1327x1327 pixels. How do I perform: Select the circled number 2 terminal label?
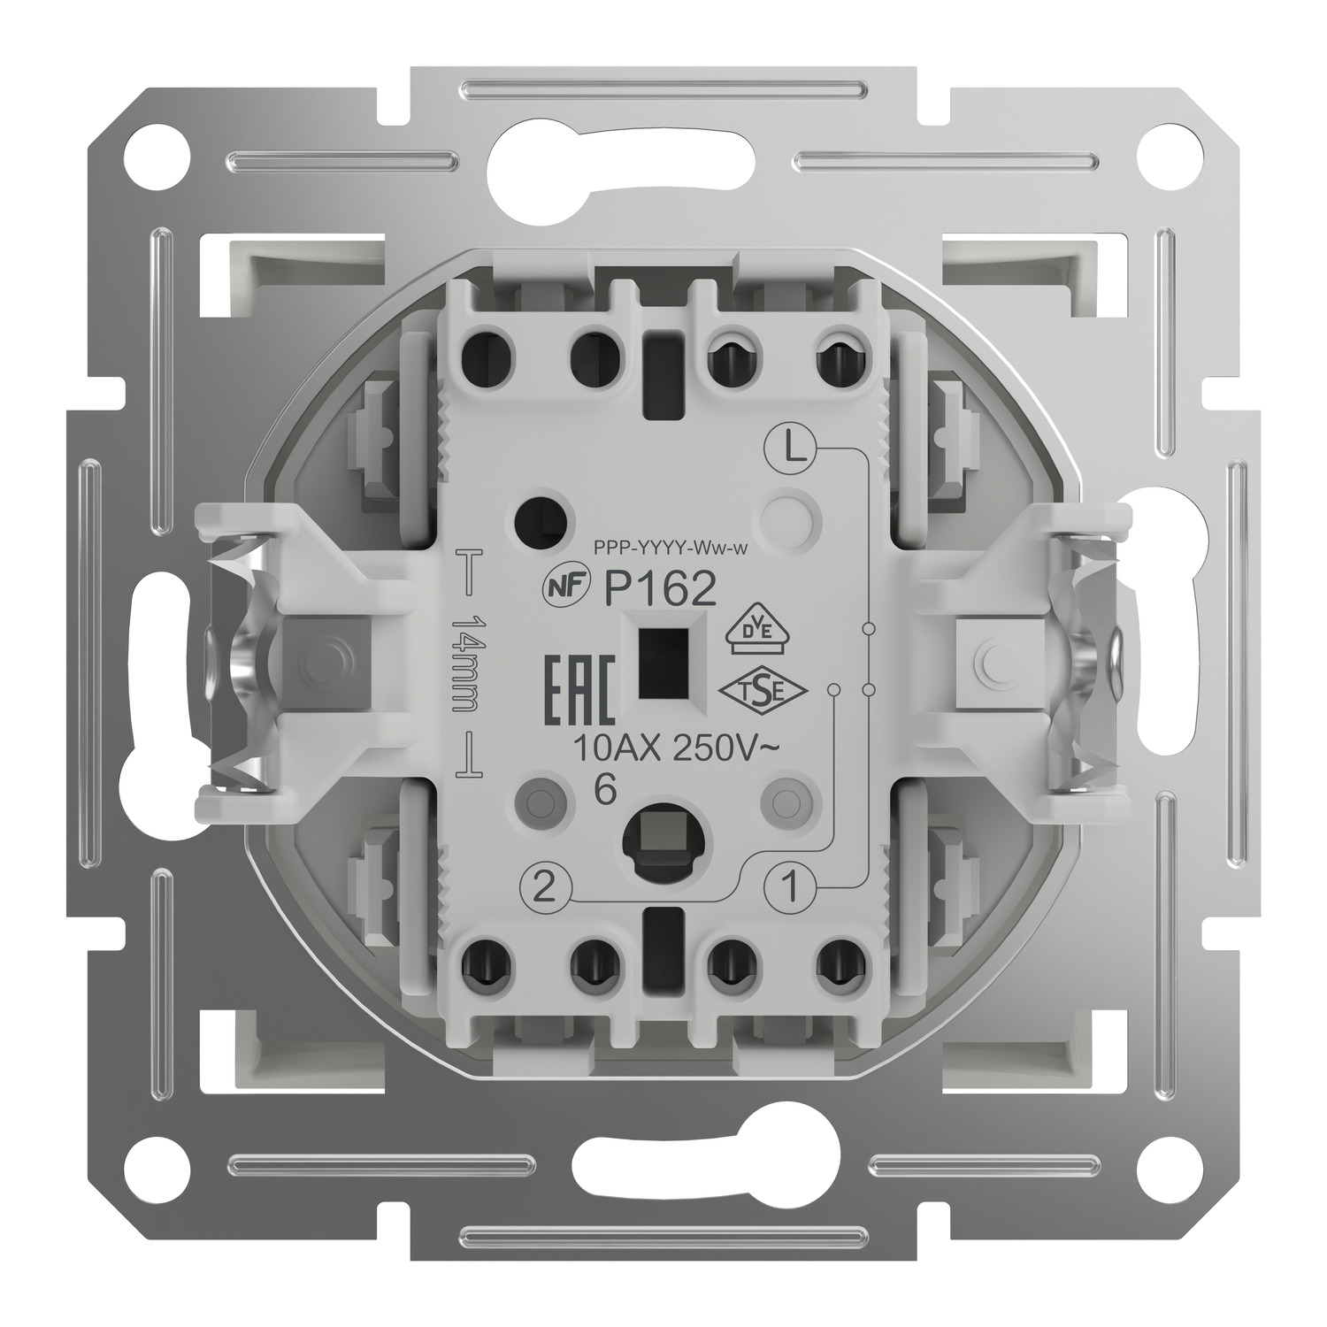click(546, 884)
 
